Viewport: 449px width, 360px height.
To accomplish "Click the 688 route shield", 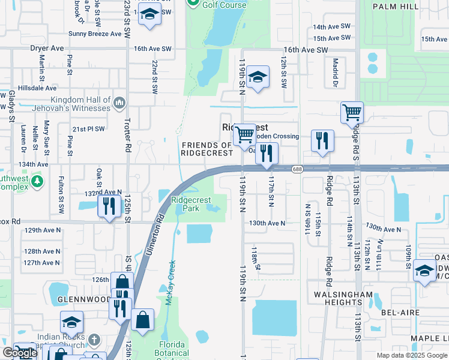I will tap(298, 169).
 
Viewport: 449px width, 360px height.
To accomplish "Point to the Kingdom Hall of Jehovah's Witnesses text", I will tap(72, 104).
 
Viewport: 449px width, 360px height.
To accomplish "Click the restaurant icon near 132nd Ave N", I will tap(109, 207).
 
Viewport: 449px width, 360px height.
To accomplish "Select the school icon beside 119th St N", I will tap(258, 77).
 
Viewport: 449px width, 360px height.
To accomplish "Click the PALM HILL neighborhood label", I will tap(411, 6).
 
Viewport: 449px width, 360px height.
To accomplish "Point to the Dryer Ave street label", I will tap(48, 48).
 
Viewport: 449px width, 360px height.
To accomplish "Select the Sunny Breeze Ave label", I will tap(95, 34).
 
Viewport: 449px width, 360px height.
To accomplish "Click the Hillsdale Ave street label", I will tap(28, 88).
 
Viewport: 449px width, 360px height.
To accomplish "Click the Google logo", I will tap(20, 353).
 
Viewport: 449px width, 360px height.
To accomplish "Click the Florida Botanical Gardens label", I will tap(173, 349).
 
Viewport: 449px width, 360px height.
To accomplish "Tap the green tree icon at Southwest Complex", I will tap(37, 181).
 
